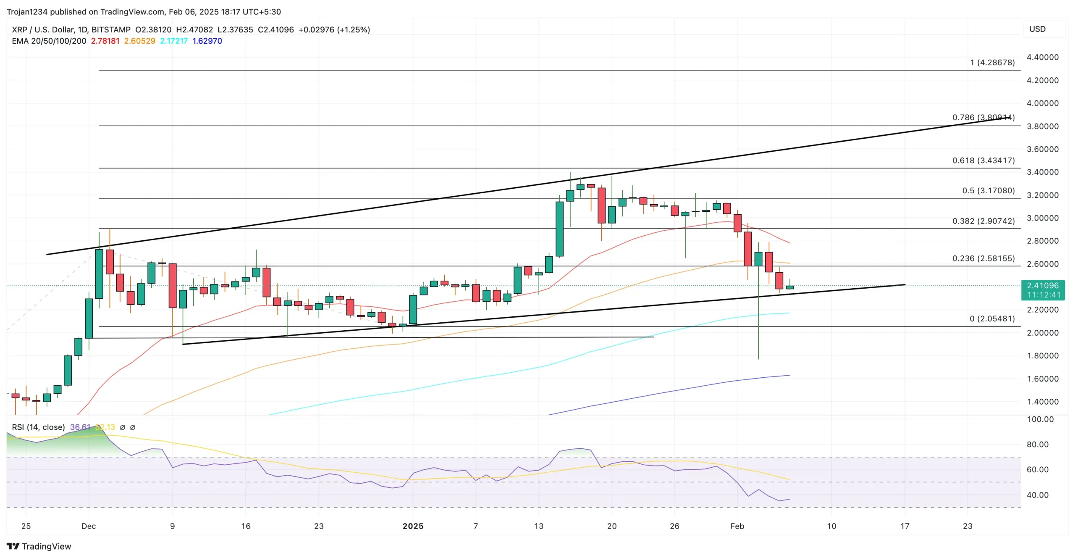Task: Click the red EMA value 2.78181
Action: [x=105, y=41]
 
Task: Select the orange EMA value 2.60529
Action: [x=139, y=41]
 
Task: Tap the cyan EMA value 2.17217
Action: [x=174, y=41]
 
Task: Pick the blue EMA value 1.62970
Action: [x=207, y=41]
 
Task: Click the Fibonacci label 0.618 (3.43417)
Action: [x=983, y=161]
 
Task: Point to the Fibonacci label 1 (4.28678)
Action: [x=992, y=63]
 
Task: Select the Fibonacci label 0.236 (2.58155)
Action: [x=983, y=258]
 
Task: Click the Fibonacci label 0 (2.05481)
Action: [x=992, y=318]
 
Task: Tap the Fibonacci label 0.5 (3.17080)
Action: [x=988, y=191]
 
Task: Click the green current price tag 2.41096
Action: [x=1043, y=286]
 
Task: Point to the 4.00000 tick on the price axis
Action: [x=1042, y=103]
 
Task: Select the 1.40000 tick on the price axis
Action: [x=1042, y=402]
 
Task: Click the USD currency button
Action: [x=1037, y=29]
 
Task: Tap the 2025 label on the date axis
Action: [x=413, y=526]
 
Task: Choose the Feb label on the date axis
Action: [x=737, y=526]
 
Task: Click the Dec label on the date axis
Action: [x=89, y=526]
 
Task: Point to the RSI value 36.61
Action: [x=80, y=427]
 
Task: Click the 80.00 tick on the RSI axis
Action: [x=1037, y=445]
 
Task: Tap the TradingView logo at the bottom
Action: [x=39, y=546]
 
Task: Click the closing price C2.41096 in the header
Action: [x=275, y=30]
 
